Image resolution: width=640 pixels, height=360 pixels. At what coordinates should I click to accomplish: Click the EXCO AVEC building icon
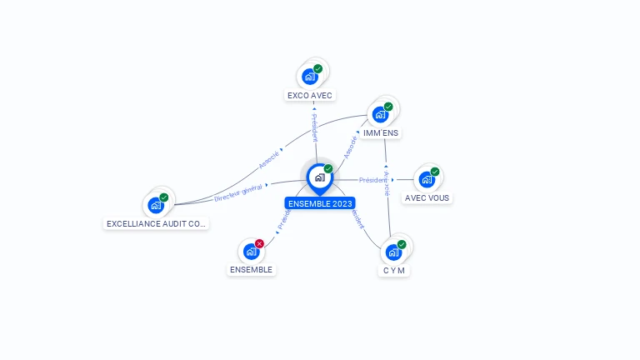coord(310,77)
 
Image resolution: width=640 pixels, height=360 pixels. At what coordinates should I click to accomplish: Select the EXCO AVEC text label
coord(310,96)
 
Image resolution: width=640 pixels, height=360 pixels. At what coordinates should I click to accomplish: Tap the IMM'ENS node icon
coord(380,114)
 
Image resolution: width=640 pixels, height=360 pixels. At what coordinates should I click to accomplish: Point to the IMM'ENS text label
coord(381,133)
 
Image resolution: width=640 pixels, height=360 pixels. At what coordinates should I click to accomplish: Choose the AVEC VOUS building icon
coord(427,179)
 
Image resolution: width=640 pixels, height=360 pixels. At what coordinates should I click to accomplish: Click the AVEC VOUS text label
coord(427,198)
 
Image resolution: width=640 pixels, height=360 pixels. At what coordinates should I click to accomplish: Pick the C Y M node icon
coord(393,252)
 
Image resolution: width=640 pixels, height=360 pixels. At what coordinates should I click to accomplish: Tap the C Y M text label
coord(394,271)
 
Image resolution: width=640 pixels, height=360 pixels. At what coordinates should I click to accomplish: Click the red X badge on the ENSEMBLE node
coord(259,244)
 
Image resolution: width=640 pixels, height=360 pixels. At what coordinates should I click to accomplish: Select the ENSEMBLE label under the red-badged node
coord(252,270)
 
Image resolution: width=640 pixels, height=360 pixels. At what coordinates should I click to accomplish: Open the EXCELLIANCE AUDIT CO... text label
coord(156,224)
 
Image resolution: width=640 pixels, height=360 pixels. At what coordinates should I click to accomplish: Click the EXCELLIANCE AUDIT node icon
coord(156,205)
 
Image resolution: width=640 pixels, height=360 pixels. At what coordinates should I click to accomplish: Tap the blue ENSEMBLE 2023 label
coord(320,203)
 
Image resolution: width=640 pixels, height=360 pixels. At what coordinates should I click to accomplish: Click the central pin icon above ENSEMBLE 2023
coord(319,177)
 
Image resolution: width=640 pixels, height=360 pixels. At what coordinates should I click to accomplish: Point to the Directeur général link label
coord(238,193)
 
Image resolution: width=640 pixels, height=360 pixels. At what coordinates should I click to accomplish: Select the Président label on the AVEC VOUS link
coord(372,180)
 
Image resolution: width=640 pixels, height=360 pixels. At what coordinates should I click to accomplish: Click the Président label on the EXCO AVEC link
coord(314,127)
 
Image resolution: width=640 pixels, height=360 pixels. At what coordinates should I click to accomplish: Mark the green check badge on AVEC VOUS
coord(435,172)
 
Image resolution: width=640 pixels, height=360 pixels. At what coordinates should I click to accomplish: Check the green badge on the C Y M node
coord(402,244)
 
